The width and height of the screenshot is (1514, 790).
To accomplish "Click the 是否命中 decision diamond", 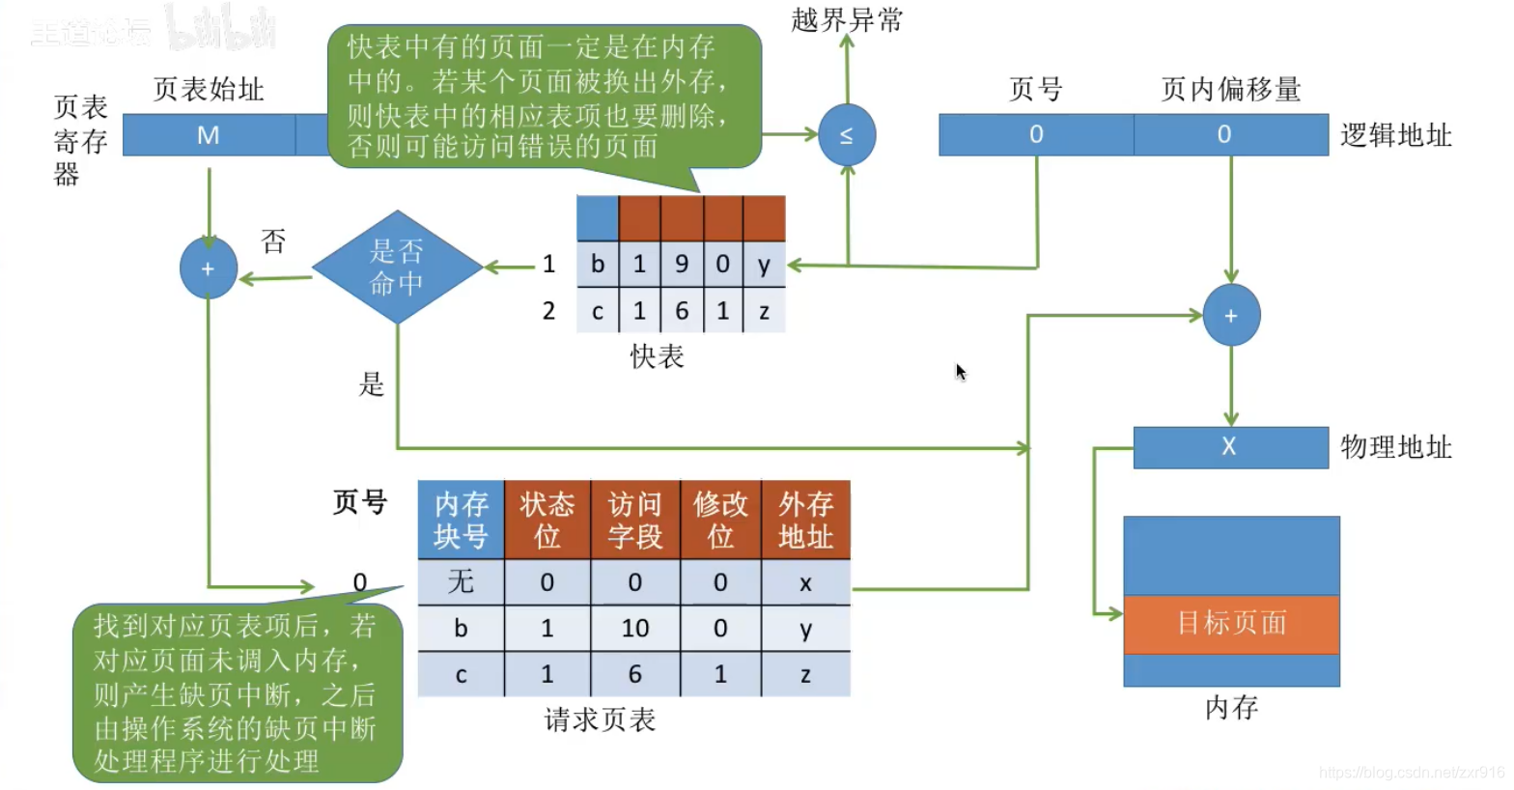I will [397, 268].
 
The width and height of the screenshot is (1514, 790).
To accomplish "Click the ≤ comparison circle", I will [847, 135].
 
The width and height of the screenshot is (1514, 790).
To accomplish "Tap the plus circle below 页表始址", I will [209, 268].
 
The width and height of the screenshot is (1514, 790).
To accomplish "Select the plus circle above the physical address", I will [1231, 316].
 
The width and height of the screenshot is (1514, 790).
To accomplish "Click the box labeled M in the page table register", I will [209, 135].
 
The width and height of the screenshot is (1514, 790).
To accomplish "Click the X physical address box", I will [1230, 447].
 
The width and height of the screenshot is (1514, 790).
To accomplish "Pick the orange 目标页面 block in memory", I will [1231, 624].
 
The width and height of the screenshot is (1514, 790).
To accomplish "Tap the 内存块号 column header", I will [461, 520].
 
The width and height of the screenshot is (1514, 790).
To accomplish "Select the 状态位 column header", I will [547, 520].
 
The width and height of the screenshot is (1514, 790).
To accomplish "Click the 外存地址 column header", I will [805, 520].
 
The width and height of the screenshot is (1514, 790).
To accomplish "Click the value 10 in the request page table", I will [634, 629].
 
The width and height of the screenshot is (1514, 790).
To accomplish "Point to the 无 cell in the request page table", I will [461, 581].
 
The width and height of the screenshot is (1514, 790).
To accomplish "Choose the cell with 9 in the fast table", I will [682, 265].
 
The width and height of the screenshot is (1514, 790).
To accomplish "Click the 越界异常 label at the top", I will [847, 20].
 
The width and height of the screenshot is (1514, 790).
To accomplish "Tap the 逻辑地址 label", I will [1395, 135].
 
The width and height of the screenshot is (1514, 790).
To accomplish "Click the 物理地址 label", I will [1395, 447].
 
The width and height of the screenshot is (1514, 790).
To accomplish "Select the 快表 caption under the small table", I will [657, 357].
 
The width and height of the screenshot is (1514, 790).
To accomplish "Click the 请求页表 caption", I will [600, 720].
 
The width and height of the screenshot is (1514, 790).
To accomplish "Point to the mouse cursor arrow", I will [961, 372].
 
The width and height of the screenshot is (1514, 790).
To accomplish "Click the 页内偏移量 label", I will [1230, 90].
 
